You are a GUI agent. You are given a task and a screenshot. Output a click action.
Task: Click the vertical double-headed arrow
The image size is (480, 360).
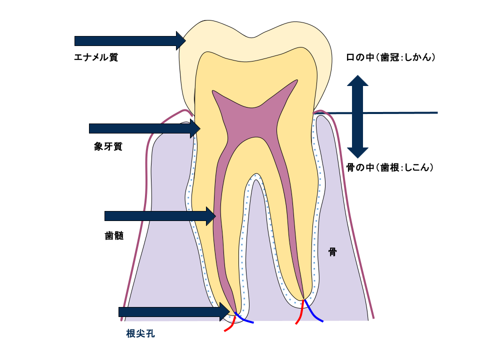click(357, 116)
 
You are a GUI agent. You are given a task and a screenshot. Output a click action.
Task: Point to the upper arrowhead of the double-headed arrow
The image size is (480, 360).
click(357, 80)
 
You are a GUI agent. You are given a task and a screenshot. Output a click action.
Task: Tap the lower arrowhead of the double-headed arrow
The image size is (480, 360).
click(357, 152)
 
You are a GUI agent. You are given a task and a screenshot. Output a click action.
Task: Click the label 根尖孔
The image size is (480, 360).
click(140, 333)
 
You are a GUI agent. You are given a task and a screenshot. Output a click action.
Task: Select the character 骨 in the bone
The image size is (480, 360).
click(332, 252)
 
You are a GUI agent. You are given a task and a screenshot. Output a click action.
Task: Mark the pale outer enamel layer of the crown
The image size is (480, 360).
click(255, 30)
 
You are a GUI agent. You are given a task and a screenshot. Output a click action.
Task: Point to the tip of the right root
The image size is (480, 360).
click(303, 299)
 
